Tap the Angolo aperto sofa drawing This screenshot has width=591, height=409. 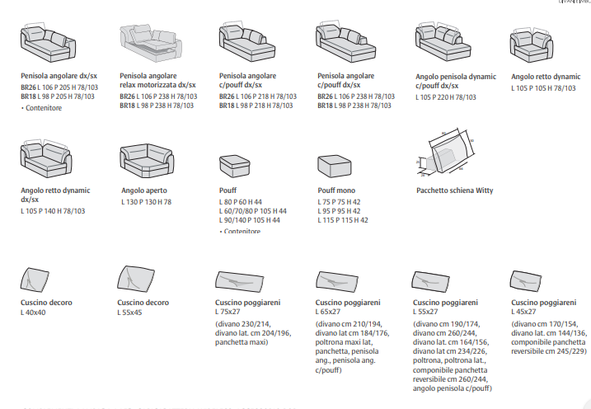click(x=148, y=159)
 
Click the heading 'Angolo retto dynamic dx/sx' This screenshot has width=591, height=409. click(x=55, y=195)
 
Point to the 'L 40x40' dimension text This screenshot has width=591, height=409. click(x=34, y=313)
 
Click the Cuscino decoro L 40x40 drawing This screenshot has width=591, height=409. click(x=37, y=280)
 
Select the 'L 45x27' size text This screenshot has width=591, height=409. click(x=524, y=313)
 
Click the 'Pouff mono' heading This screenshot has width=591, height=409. click(x=336, y=190)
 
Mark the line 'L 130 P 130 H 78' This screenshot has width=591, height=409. click(x=147, y=201)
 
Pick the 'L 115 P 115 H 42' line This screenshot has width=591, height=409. click(x=343, y=220)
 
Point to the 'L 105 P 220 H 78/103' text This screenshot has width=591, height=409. click(x=446, y=97)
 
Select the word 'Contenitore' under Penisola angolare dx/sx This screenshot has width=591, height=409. click(x=44, y=107)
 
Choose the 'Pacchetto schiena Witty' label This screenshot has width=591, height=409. click(x=455, y=190)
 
